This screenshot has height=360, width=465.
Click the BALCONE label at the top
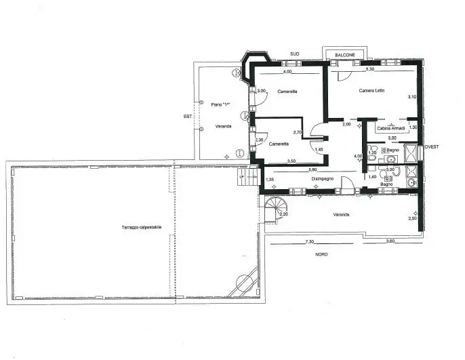(345, 54)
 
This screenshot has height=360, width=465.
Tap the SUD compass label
(294, 54)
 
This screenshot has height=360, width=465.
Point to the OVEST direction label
(431, 146)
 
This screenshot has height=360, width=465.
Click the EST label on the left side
(188, 116)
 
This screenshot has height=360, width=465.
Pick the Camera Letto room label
(371, 90)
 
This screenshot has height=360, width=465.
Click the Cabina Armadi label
(391, 128)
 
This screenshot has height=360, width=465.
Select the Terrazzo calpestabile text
(142, 227)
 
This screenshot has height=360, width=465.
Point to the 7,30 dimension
(310, 241)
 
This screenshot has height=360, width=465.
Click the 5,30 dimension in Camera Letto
(370, 70)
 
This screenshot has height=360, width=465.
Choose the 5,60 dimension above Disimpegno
(312, 169)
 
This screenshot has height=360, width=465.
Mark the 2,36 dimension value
(259, 140)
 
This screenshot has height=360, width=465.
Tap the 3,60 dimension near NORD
(390, 241)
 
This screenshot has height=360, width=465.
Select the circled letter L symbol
(239, 153)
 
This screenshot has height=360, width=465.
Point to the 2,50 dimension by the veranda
(412, 218)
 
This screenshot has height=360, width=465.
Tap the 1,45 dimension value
(319, 149)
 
